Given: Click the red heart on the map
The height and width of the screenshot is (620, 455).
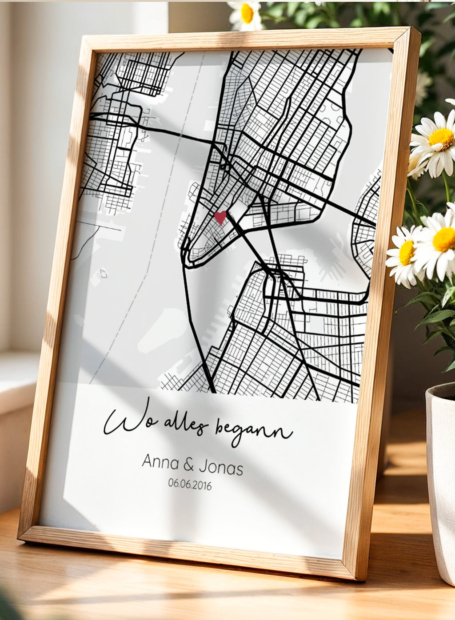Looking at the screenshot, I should point(220,217).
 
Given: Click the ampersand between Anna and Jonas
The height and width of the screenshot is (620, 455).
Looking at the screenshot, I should point(188,465).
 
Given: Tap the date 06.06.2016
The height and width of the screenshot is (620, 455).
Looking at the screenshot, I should point(190,484).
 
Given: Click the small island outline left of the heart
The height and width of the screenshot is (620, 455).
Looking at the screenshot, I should point(104,273).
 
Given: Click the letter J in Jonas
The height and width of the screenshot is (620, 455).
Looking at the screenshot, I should point(204,466).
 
